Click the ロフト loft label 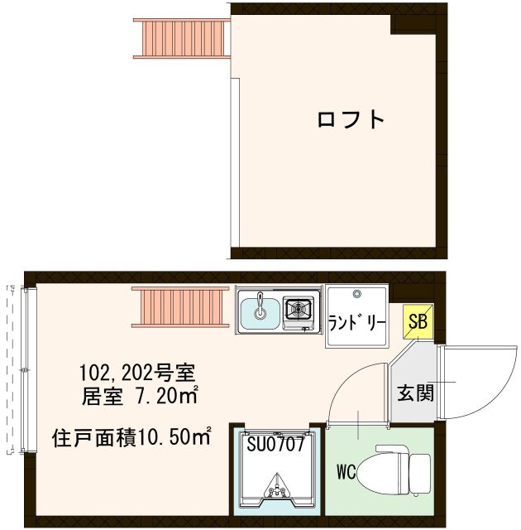[x=351, y=119]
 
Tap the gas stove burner [x=298, y=310]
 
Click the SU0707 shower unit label [x=277, y=443]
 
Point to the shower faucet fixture [x=276, y=492]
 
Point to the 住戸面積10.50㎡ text [x=131, y=436]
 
